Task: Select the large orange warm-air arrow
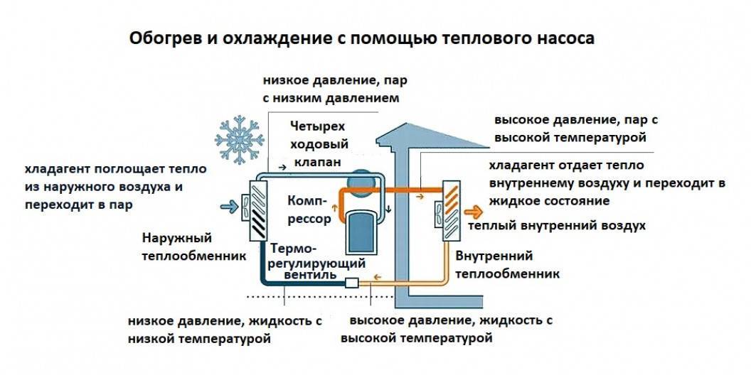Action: click(472, 210)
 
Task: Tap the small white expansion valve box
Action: click(352, 283)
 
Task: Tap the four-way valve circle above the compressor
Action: click(360, 180)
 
